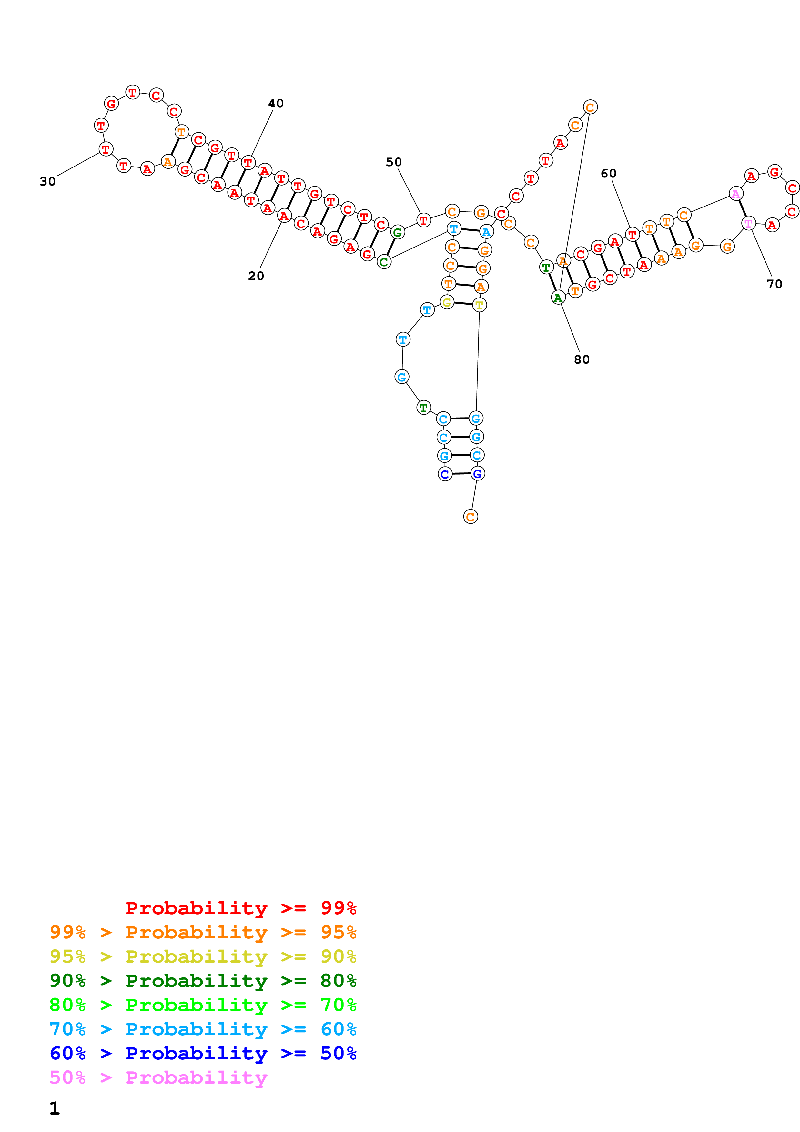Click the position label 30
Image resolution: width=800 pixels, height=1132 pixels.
47,181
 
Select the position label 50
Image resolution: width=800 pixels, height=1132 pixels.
393,162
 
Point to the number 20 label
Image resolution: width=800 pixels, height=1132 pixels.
256,276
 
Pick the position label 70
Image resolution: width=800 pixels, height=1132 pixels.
775,284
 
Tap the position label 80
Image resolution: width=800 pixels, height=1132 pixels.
582,359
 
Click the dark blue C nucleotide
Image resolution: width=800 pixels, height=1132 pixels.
445,474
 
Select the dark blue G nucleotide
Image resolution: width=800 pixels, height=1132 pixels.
477,473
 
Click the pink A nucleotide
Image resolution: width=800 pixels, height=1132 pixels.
735,194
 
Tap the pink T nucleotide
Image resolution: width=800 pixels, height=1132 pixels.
748,223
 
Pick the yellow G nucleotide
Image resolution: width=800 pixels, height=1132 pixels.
447,302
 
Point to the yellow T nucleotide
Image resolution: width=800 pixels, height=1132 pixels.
479,305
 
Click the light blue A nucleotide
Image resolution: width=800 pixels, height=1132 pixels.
486,232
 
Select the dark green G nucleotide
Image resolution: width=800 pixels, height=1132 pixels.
397,232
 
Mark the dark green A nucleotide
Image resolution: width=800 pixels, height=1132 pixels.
558,297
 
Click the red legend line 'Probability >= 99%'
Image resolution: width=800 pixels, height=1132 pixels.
240,908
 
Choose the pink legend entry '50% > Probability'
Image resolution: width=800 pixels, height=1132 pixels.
158,1077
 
